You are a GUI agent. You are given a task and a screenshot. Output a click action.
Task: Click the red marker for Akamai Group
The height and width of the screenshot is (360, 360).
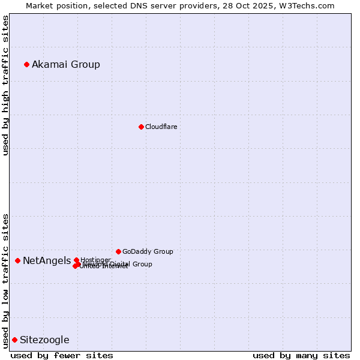(x=26, y=64)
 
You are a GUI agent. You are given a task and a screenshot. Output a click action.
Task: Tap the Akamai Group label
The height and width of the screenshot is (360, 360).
(x=66, y=65)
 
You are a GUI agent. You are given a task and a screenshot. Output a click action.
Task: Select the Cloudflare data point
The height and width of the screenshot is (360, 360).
(x=141, y=127)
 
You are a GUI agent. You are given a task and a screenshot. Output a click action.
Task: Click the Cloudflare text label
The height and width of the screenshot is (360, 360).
(x=161, y=127)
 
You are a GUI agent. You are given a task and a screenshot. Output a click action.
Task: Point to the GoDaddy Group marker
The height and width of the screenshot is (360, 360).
(x=118, y=251)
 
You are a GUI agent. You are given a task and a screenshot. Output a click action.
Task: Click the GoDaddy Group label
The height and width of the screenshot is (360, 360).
(x=148, y=252)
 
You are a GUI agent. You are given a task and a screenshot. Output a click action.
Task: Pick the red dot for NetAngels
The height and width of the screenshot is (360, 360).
(x=17, y=260)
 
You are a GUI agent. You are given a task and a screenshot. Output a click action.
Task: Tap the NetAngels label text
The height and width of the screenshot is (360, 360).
(x=47, y=261)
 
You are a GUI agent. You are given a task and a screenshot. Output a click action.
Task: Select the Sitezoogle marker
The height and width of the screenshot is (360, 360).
(x=14, y=340)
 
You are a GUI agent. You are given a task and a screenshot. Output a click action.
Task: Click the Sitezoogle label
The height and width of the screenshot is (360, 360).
(x=44, y=340)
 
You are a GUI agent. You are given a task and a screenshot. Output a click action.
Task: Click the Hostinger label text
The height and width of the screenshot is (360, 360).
(x=95, y=260)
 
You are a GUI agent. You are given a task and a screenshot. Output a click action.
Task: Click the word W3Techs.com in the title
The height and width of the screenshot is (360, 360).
(x=309, y=5)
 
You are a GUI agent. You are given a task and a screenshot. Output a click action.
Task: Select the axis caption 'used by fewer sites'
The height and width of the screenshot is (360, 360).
(x=62, y=355)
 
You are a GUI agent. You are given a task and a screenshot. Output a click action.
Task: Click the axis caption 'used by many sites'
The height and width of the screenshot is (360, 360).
(x=301, y=355)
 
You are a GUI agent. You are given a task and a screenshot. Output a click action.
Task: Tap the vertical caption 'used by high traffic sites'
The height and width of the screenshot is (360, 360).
(x=5, y=86)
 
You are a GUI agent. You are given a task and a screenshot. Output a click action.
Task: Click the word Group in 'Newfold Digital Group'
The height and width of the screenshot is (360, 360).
(x=142, y=264)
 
